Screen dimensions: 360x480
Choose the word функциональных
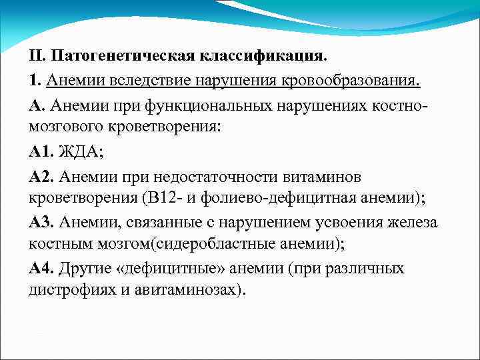click(x=207, y=105)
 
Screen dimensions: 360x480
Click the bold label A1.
click(x=41, y=152)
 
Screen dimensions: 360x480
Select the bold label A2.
click(x=41, y=176)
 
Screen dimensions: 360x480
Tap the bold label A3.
click(x=41, y=223)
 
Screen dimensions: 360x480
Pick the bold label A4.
click(x=41, y=269)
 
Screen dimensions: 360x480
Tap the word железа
click(x=419, y=223)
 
